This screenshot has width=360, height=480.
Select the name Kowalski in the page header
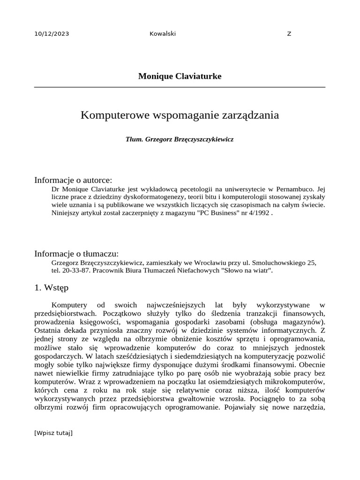(162, 33)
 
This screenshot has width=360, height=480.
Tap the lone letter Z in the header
(289, 33)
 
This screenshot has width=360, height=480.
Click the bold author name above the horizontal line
(180, 76)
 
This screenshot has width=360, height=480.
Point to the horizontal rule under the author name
(180, 87)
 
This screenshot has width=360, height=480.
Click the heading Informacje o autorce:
(73, 180)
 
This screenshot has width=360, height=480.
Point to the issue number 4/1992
(259, 212)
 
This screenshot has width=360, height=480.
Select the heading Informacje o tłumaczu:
(76, 254)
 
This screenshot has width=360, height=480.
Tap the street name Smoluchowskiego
(277, 262)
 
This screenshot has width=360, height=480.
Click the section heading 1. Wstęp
(51, 287)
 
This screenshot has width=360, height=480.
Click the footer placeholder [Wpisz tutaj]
(53, 433)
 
